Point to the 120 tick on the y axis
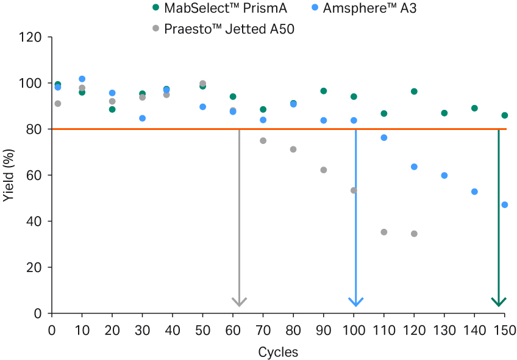pos(31,37)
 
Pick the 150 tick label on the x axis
pos(504,331)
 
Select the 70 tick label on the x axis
pos(263,331)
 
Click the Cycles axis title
pos(278,352)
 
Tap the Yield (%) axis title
pos(9,176)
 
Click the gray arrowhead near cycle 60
pos(239,301)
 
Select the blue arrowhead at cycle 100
pos(355,301)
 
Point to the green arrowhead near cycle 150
pos(499,301)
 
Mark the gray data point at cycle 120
pos(414,234)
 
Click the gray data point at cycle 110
pos(384,232)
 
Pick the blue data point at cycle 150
pos(504,205)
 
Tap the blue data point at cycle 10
pos(82,79)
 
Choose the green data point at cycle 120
pos(414,92)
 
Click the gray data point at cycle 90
pos(324,170)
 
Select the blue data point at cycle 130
pos(444,176)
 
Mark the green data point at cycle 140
pos(474,108)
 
